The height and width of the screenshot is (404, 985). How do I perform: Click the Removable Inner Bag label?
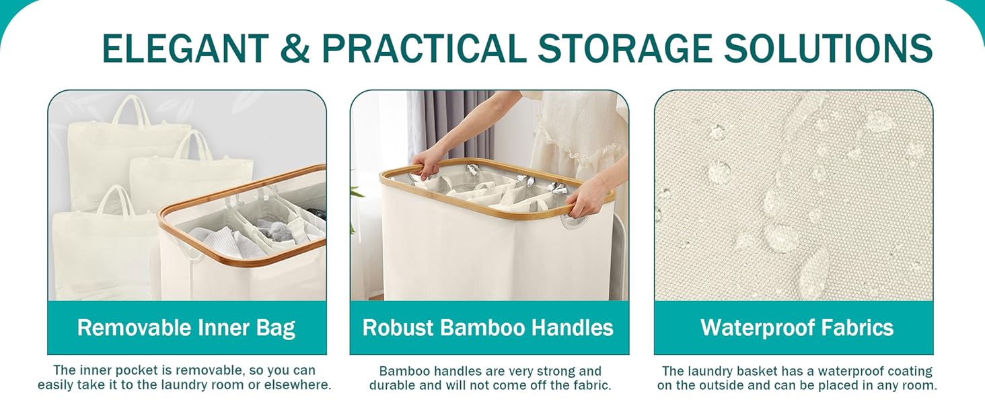(186, 328)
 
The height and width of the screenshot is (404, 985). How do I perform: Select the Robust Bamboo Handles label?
(488, 328)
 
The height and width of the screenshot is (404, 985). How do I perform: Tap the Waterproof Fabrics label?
(797, 328)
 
